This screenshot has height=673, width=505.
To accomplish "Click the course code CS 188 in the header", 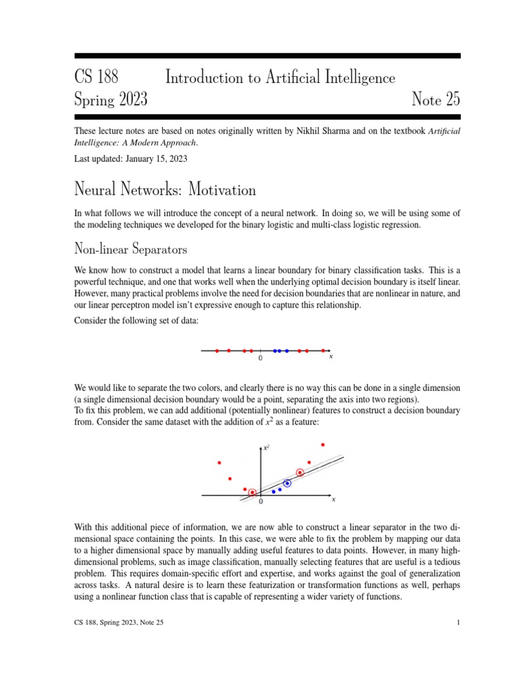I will [97, 78].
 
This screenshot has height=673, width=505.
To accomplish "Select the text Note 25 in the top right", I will [436, 100].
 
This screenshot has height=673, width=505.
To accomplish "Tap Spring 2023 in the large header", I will [111, 100].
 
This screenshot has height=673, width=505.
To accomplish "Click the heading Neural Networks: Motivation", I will [165, 190].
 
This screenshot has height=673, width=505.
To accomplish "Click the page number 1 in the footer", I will [458, 622].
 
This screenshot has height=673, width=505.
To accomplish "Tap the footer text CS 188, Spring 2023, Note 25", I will [119, 622].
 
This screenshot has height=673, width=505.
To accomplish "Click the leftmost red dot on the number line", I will [217, 351].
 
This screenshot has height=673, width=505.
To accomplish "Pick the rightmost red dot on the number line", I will [324, 351].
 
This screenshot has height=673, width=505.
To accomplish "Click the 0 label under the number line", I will [260, 359].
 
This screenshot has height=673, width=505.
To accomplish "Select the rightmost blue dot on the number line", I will [287, 351].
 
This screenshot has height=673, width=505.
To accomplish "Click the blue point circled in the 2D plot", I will [287, 483].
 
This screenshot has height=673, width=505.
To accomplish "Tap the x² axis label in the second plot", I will [266, 448].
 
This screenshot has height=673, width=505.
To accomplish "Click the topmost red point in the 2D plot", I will [323, 445].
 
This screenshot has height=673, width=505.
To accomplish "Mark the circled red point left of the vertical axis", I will [252, 492].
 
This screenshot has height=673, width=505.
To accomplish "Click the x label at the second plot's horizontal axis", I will [333, 500].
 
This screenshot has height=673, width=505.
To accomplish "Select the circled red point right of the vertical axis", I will [301, 472].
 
